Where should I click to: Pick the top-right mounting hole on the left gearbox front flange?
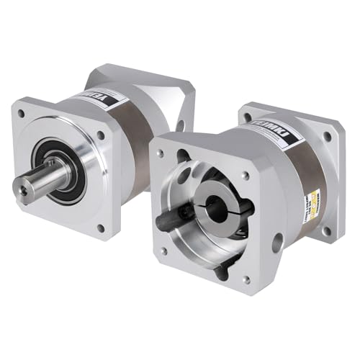(x=100, y=135)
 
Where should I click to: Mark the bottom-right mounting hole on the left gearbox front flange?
(x=100, y=228)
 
